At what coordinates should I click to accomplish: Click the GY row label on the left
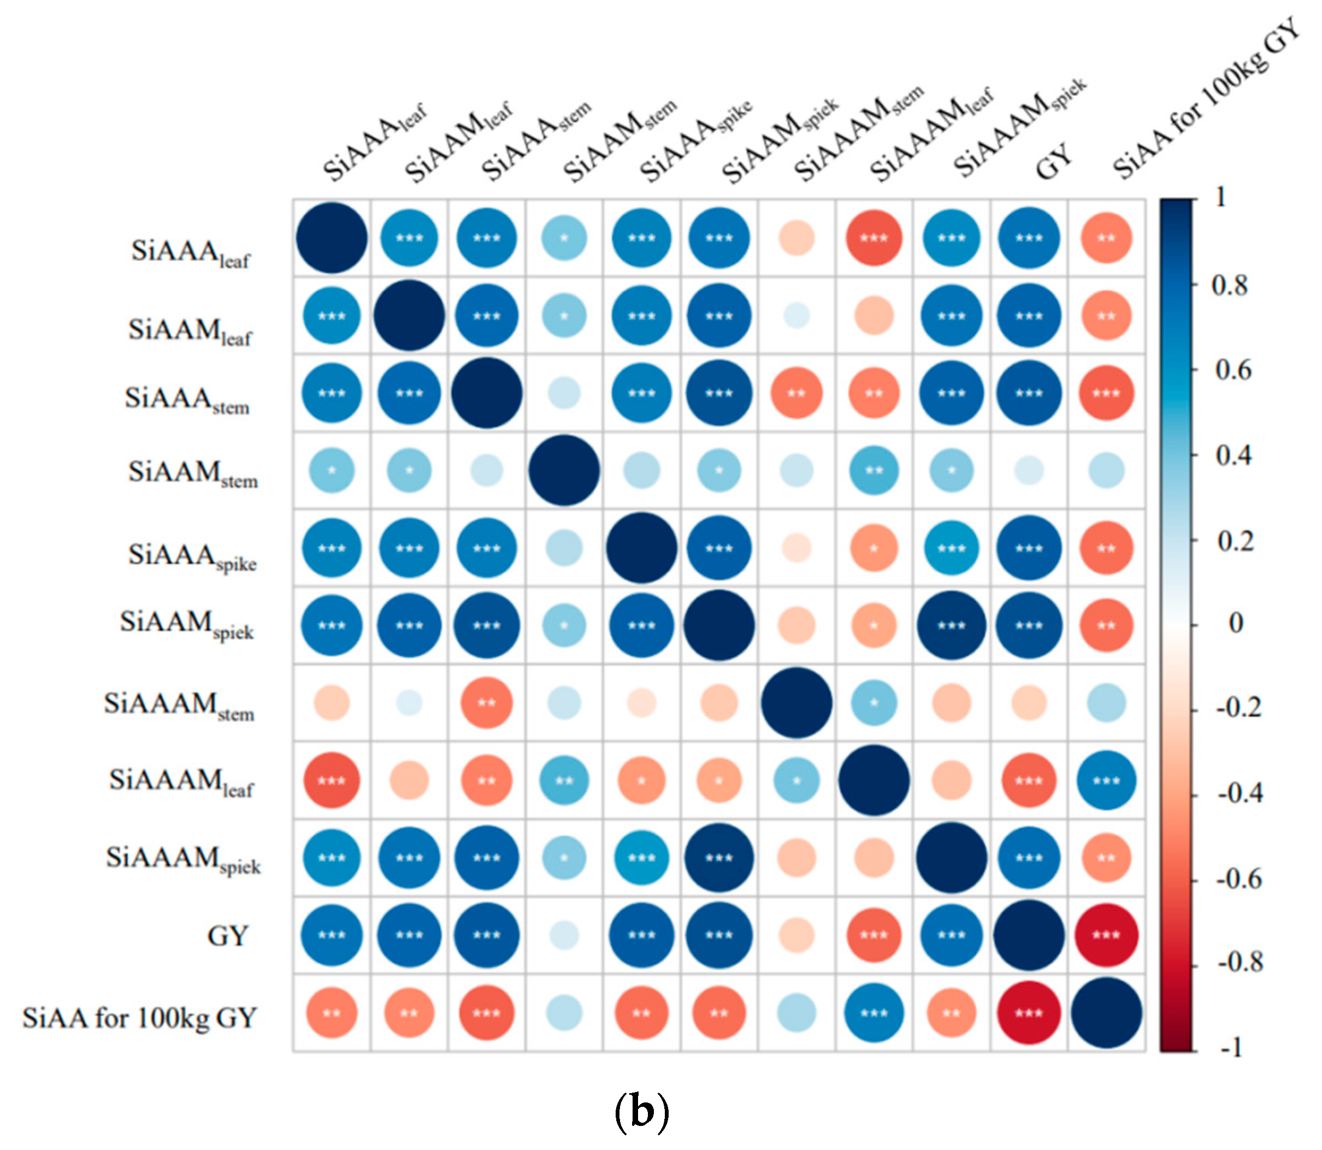[227, 936]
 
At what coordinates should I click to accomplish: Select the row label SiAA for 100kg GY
[140, 1018]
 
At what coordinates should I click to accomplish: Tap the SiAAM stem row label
[192, 473]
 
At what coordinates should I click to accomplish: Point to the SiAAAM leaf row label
[181, 782]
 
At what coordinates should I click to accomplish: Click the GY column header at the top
[1053, 161]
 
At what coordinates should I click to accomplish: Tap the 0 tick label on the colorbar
[1235, 623]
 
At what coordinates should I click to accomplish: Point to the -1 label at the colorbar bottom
[1231, 1048]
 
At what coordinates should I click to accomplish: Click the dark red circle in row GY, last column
[1106, 936]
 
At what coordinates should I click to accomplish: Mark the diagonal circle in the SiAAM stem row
[564, 471]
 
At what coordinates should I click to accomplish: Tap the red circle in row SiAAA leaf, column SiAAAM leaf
[874, 238]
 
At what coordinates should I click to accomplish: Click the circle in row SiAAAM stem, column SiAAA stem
[486, 703]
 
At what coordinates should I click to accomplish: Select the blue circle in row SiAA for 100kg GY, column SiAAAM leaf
[874, 1013]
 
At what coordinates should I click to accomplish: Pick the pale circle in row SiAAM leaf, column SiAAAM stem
[796, 316]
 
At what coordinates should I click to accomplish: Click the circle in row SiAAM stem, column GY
[1028, 471]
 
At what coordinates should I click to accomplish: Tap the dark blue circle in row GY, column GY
[1028, 936]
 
